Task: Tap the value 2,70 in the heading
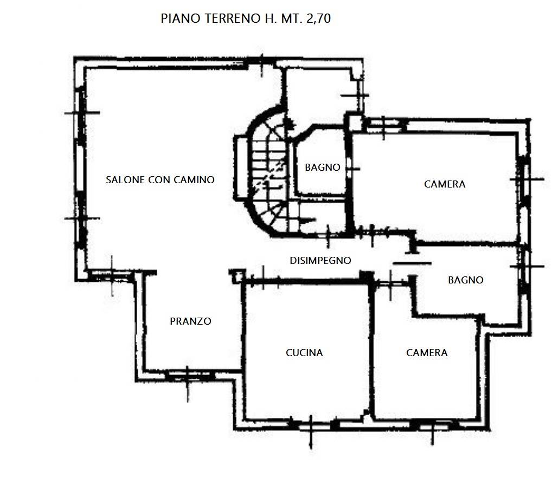(x=319, y=18)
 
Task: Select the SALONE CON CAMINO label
(x=160, y=180)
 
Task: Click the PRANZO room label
(x=190, y=321)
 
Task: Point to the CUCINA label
(x=304, y=353)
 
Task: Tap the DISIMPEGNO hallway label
(x=320, y=261)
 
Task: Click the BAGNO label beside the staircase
(x=323, y=167)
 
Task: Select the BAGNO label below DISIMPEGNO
(x=465, y=280)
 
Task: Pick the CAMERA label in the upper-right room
(x=445, y=184)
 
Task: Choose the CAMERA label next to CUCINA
(x=427, y=353)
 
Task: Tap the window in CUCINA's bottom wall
(x=311, y=426)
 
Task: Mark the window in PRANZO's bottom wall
(x=187, y=376)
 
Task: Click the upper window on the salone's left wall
(x=81, y=113)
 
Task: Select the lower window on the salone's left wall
(x=81, y=218)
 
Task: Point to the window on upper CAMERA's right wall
(x=524, y=179)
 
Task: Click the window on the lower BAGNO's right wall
(x=524, y=267)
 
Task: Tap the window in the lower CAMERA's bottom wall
(x=433, y=426)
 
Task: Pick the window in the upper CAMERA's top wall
(x=384, y=125)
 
